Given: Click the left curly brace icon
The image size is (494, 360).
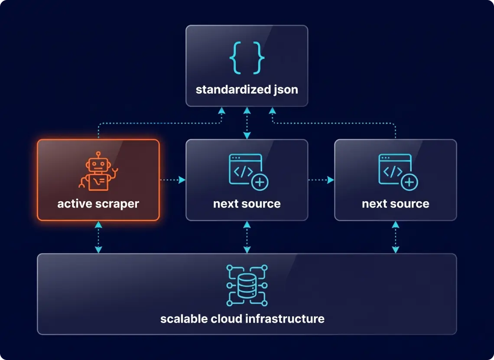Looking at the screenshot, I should coord(235,58).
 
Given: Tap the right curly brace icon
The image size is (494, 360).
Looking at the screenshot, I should coord(258,58).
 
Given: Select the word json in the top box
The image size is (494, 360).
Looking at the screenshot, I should coord(285,90).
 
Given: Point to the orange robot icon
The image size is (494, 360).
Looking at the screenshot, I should coord(98,172).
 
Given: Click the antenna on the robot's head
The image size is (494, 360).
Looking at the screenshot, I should coord(98,154).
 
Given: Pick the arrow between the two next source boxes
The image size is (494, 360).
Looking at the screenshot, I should coord(321,180).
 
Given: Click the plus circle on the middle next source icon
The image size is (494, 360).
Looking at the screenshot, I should coord(260,182).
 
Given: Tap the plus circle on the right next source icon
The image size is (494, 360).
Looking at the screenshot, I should coord(409,182).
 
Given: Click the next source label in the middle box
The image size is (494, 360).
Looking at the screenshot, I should coord(247,204).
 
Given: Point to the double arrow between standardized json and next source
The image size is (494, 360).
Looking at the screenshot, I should coord(247,123).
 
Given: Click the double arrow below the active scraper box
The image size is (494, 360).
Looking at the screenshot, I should coord(98,237).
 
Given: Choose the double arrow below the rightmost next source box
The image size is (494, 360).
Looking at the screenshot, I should coord(395,237).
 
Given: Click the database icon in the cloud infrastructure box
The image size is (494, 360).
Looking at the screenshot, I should coord(247,285).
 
